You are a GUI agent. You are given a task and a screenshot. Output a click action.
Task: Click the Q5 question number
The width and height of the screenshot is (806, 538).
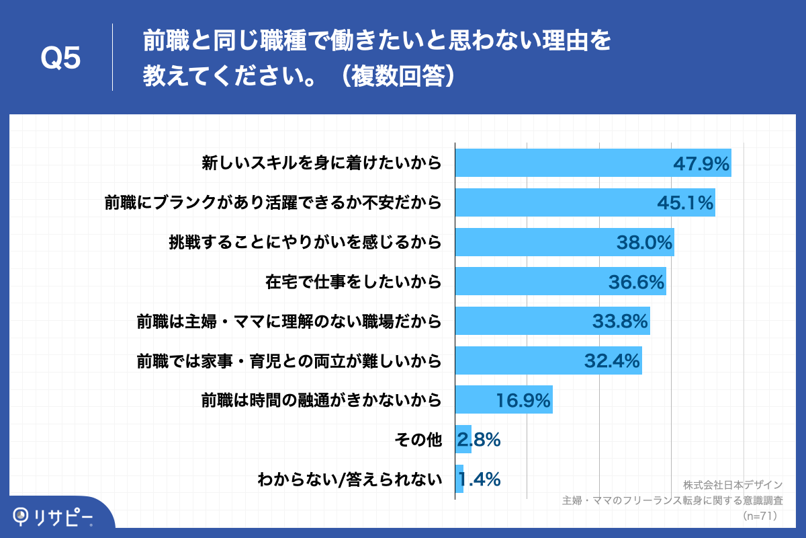point(61,59)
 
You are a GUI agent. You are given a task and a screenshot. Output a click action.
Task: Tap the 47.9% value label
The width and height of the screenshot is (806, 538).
point(701,164)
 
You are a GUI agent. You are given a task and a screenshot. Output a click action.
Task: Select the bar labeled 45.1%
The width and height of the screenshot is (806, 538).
point(584,202)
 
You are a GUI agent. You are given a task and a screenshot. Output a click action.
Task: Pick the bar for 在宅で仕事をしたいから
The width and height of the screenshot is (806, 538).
point(560,281)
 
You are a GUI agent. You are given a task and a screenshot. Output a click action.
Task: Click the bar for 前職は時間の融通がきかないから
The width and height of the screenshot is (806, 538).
point(504,399)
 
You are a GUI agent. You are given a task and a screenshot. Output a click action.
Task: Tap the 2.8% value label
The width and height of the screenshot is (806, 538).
point(479,440)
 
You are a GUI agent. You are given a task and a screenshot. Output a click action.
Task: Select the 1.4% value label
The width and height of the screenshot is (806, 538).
point(479,479)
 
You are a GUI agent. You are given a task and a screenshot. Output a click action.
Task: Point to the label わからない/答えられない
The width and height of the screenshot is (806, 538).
point(349,479)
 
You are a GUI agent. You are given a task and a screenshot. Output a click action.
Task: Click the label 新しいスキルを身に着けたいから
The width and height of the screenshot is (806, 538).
point(322,163)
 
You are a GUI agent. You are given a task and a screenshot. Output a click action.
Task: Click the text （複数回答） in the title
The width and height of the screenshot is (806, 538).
point(396,75)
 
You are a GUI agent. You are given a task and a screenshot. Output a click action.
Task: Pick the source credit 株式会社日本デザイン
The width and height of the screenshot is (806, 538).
point(733,485)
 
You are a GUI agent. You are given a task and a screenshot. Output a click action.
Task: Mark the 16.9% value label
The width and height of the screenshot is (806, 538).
point(523,401)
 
